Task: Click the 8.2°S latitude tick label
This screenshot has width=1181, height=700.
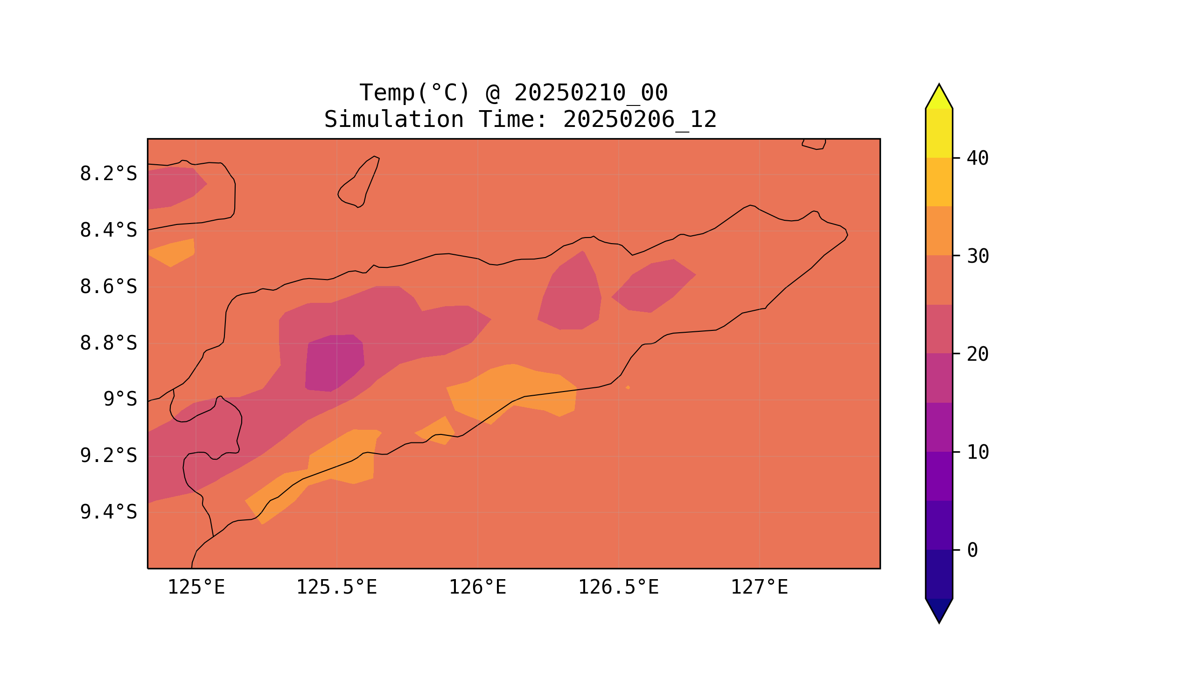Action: [x=108, y=174]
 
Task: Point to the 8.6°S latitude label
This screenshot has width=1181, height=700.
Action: [x=108, y=287]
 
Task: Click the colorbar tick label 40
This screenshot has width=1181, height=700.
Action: [x=977, y=159]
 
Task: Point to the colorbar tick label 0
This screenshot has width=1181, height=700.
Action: [x=972, y=551]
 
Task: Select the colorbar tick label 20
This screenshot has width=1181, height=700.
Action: [x=977, y=354]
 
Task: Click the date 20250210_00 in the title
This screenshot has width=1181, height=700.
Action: [x=591, y=93]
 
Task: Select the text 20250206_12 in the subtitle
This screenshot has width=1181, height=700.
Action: [x=640, y=120]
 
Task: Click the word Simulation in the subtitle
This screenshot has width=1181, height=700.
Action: [x=394, y=120]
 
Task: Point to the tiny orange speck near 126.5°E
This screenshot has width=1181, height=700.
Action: [x=628, y=388]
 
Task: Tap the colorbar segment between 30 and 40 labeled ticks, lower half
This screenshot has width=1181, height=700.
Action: [x=938, y=231]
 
